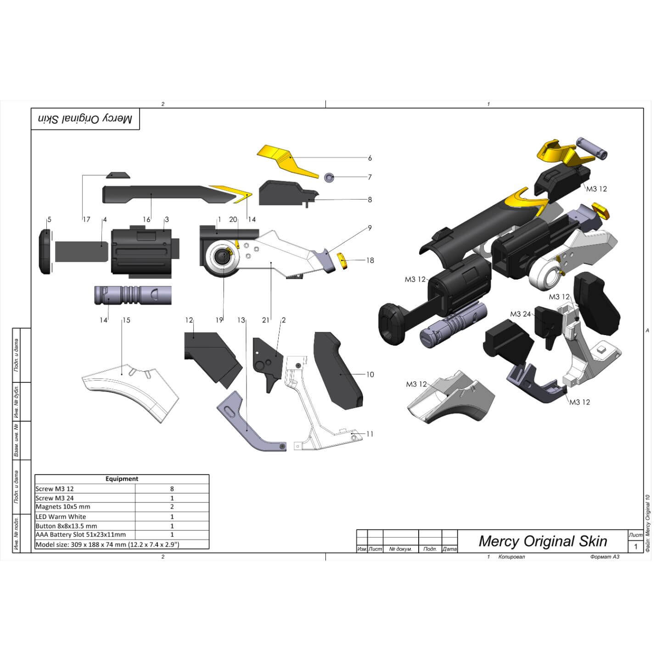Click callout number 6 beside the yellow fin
[370, 158]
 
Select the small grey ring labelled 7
[329, 178]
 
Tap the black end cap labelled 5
[45, 252]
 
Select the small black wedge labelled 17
[118, 175]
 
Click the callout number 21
[266, 320]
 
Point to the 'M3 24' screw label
[520, 314]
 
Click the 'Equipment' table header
[122, 479]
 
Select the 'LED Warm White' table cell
[61, 516]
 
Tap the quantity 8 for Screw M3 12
[172, 489]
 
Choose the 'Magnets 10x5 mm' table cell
[63, 507]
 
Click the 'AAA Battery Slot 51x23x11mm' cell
[80, 535]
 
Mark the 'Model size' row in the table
[107, 544]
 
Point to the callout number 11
[370, 434]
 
